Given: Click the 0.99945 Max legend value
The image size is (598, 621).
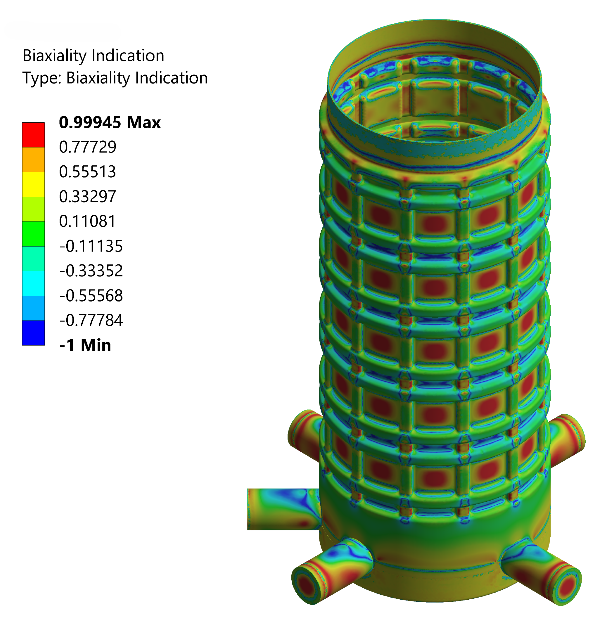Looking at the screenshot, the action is point(110,122).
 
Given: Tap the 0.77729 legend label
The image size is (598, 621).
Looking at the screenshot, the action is point(88,147).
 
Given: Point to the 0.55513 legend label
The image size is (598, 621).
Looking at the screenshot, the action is point(88,172).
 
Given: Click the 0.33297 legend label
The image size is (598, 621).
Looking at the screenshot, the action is point(88,196).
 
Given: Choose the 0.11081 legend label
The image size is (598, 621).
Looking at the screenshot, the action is point(88,221).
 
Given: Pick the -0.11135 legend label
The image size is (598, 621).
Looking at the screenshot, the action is point(91,246).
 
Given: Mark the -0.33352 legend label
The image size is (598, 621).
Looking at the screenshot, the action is point(91,271).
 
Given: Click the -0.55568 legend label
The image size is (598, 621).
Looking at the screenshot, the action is point(91,295).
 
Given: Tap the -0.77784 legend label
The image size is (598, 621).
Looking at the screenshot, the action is point(91,320).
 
